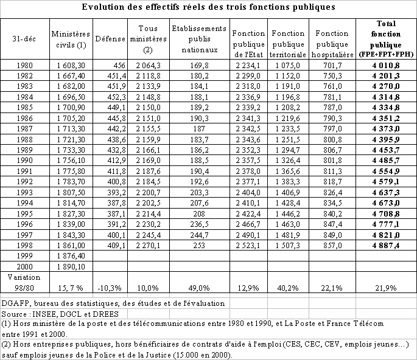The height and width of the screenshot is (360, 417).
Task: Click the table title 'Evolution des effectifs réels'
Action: pyautogui.click(x=208, y=8)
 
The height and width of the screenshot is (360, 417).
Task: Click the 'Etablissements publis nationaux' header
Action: pyautogui.click(x=199, y=38)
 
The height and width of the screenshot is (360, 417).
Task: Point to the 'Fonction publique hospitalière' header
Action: pyautogui.click(x=332, y=38)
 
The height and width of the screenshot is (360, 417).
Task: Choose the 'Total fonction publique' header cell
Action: pyautogui.click(x=387, y=38)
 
